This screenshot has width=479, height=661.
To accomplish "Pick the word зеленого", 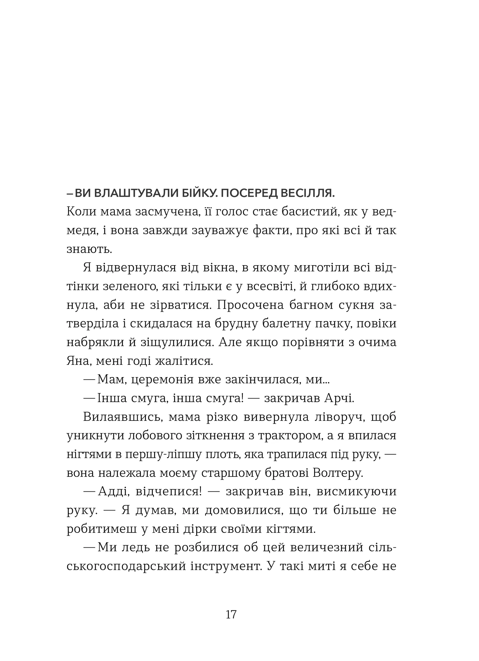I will pyautogui.click(x=131, y=286).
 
